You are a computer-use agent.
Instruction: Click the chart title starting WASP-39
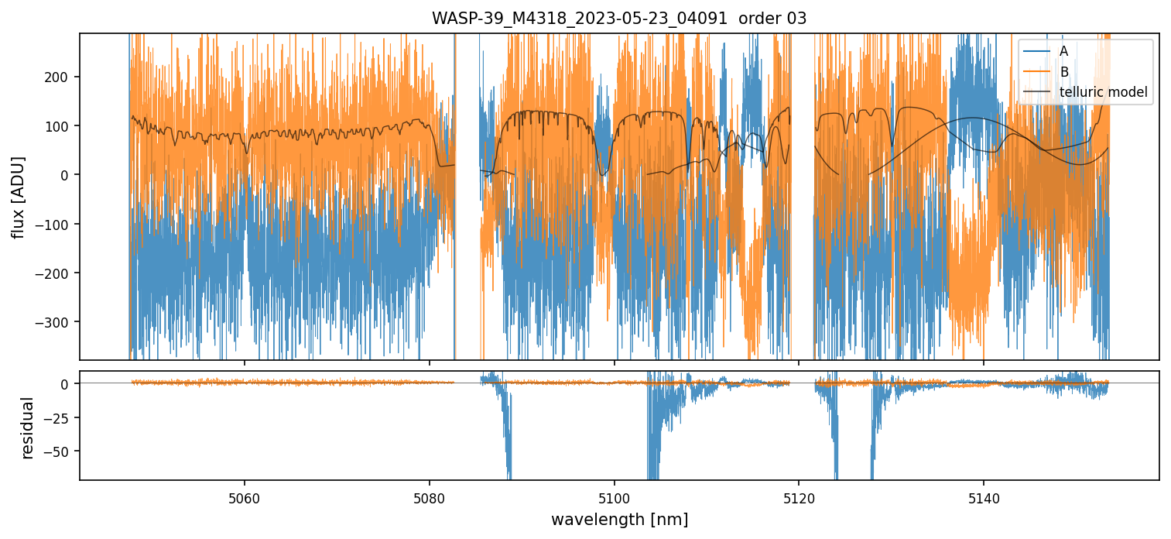pyautogui.click(x=618, y=19)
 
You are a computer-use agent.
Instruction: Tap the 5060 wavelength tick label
pyautogui.click(x=245, y=496)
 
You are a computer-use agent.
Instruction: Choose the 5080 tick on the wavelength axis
pyautogui.click(x=430, y=496)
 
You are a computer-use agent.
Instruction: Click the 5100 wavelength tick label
pyautogui.click(x=614, y=496)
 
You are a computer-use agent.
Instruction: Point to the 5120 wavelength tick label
pyautogui.click(x=799, y=496)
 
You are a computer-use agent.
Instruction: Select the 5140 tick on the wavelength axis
pyautogui.click(x=983, y=496)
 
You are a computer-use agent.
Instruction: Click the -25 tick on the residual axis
pyautogui.click(x=61, y=417)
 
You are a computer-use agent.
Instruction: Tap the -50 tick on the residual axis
pyautogui.click(x=61, y=451)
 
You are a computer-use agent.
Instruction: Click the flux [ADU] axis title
pyautogui.click(x=18, y=197)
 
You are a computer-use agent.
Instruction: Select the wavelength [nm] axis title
pyautogui.click(x=619, y=519)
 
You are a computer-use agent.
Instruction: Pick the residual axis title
pyautogui.click(x=28, y=427)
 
